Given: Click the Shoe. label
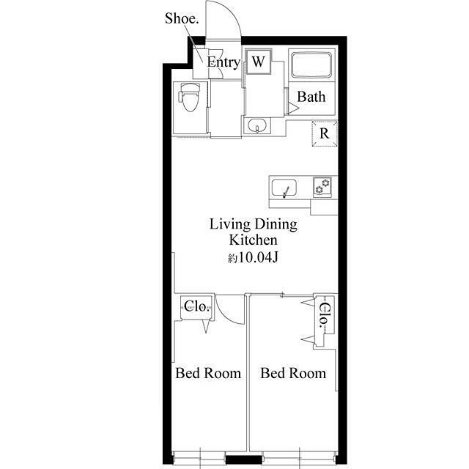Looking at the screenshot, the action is click(182, 18).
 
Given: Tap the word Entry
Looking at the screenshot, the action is click(224, 62).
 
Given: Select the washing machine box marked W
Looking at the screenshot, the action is click(259, 62).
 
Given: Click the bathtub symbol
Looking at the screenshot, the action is click(311, 65).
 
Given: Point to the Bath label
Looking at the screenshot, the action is click(311, 97).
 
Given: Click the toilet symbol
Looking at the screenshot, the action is click(190, 97).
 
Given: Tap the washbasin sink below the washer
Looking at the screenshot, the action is click(257, 125).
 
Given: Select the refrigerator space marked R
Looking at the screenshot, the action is click(325, 133).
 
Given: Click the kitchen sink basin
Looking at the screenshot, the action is click(284, 188).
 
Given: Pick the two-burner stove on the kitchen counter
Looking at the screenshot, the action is click(322, 187).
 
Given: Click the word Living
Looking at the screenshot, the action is click(229, 225).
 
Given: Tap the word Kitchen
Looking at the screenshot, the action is click(253, 240).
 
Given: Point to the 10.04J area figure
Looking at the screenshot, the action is click(258, 257).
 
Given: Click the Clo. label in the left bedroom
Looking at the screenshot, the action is click(196, 306).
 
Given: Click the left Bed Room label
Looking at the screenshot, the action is click(208, 373).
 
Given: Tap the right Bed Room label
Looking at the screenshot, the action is click(293, 373).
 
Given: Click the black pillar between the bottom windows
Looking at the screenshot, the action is click(244, 459).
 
